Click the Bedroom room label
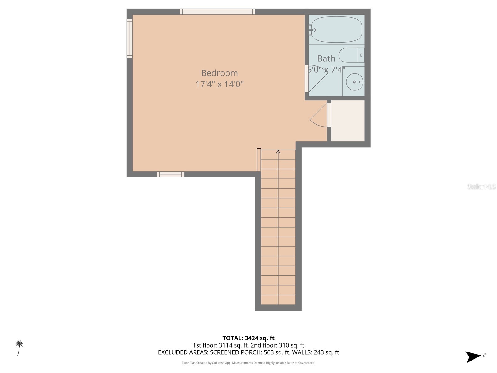219,73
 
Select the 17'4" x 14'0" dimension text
219,84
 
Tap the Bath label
326,58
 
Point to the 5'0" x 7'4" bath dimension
326,70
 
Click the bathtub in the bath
336,30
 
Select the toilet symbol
351,55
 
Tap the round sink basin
354,82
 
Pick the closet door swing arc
317,117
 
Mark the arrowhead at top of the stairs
278,152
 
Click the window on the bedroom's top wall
217,12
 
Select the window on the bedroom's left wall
130,39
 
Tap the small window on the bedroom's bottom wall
170,174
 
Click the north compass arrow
474,357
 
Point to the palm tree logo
19,347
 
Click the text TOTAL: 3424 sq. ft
248,338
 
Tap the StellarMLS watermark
481,187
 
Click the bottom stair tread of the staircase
278,300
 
